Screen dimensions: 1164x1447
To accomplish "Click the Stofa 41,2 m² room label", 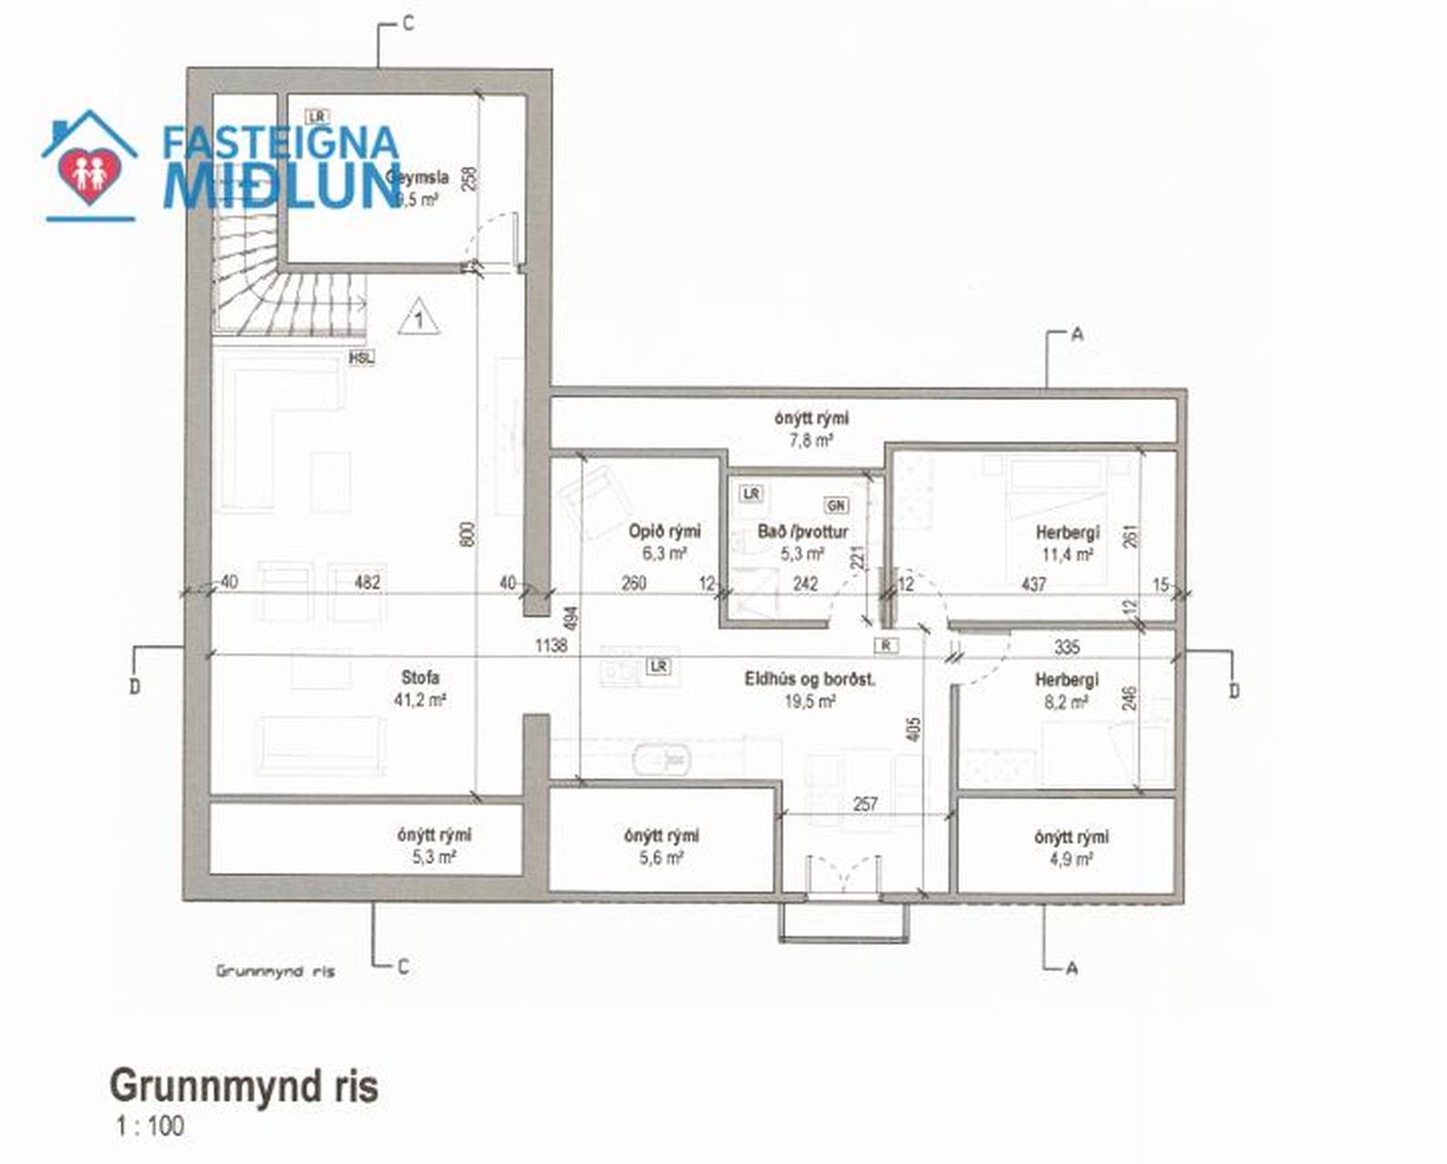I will tap(420, 688).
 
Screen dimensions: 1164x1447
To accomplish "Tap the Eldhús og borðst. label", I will tap(809, 688).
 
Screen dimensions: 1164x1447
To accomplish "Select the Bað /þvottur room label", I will tap(802, 542).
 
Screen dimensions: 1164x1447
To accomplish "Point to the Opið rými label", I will tap(664, 542).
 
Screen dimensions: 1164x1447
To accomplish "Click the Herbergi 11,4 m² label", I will tap(1067, 543).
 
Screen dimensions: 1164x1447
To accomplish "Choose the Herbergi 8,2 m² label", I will tap(1067, 690).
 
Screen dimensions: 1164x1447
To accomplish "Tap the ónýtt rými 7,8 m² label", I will tap(811, 428).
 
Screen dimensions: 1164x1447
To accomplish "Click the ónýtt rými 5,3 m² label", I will tap(434, 846).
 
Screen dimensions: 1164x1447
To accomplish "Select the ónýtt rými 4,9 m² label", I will tap(1070, 846).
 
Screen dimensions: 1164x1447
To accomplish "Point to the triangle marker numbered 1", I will tap(418, 317).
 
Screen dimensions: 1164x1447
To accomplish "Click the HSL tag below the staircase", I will tap(361, 358).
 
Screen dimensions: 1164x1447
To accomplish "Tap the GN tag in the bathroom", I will tap(835, 505).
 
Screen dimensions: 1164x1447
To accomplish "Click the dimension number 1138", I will tap(551, 645).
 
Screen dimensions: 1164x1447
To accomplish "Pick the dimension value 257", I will tap(866, 804).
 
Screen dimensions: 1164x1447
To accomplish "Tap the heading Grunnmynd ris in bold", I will tap(244, 1085).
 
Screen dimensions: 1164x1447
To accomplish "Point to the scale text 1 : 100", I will tap(150, 1127).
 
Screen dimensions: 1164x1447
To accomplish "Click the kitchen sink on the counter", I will tap(659, 757).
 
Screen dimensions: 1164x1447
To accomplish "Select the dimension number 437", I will tap(1033, 584).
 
